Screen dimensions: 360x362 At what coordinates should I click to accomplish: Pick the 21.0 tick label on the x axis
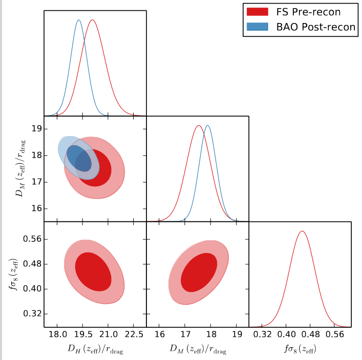click(x=108, y=334)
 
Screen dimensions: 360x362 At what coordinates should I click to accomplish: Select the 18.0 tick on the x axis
click(x=57, y=334)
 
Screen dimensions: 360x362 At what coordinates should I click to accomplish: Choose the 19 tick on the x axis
click(x=237, y=334)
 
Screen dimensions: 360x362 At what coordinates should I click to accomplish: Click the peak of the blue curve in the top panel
click(x=78, y=20)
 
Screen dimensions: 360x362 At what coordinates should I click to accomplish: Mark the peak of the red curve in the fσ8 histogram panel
click(x=302, y=231)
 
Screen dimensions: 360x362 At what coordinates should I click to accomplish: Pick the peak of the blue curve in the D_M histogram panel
click(x=207, y=125)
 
